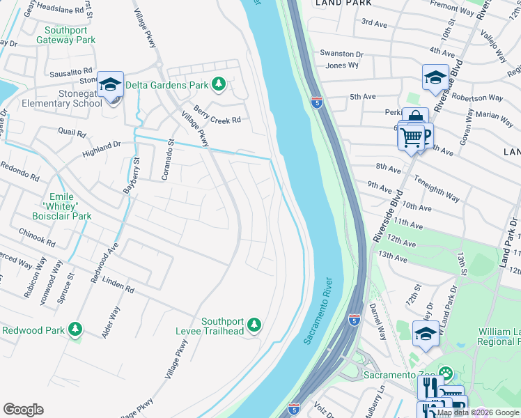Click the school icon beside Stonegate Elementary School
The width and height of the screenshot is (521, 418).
[110, 84]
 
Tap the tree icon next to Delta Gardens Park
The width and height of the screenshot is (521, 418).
[219, 84]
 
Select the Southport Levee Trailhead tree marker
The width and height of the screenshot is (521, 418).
[255, 325]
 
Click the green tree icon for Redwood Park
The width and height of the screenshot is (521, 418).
[75, 330]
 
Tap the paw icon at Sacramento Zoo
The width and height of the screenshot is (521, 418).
[446, 375]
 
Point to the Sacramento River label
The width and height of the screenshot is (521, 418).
[318, 310]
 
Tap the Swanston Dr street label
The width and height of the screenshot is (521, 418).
[341, 54]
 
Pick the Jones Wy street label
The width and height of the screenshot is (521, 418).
[342, 65]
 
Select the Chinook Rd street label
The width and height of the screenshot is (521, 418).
[37, 237]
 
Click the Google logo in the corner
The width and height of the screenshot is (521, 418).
[23, 410]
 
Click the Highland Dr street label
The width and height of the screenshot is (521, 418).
[101, 147]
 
